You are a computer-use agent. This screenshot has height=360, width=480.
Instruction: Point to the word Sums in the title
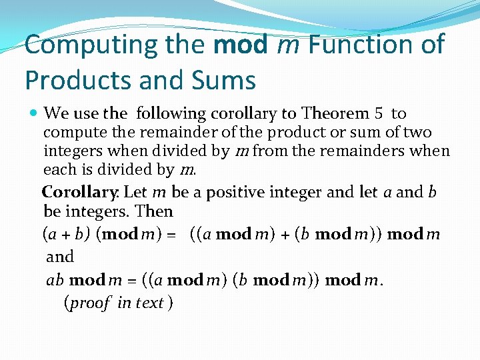(225, 80)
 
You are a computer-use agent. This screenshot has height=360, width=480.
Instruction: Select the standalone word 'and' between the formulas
(60, 257)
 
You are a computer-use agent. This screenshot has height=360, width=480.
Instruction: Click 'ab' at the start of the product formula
(55, 280)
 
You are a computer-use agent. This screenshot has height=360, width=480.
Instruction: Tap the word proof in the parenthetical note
(89, 303)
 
